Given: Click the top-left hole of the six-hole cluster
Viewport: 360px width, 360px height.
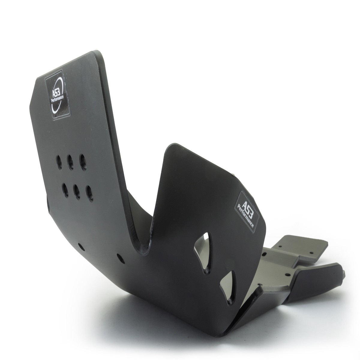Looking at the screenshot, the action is tap(59, 162).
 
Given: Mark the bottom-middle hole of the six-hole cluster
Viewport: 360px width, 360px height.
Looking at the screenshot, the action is tap(77, 192).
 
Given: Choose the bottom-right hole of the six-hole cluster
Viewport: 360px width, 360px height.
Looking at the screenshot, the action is tap(90, 193).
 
